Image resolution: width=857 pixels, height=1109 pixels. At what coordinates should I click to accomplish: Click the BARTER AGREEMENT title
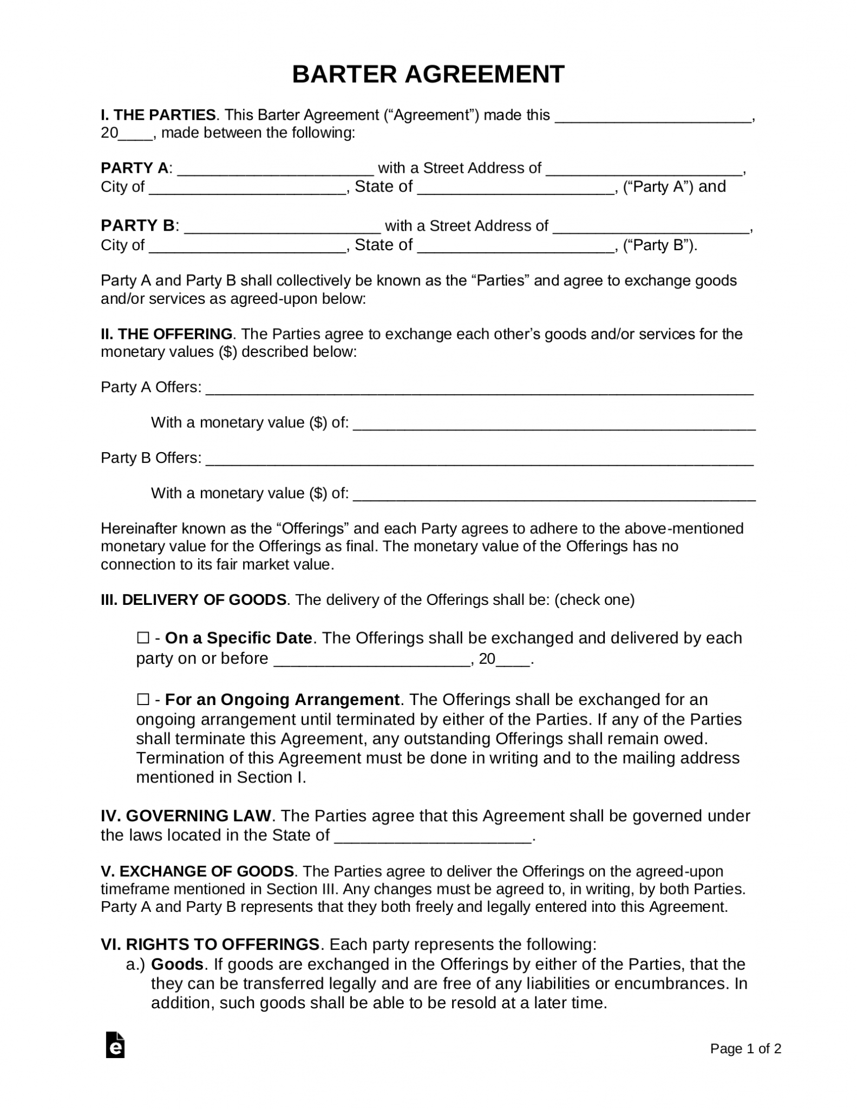[x=428, y=74]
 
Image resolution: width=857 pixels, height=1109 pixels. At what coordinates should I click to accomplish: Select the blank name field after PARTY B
[x=282, y=227]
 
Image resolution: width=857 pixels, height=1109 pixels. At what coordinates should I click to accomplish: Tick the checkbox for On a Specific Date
[x=143, y=638]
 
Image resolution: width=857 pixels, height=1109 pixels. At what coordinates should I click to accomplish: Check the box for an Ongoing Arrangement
[x=143, y=700]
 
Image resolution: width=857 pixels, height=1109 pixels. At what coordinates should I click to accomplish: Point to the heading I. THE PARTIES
[x=158, y=115]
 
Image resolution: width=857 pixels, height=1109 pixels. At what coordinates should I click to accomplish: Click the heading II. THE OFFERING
[x=167, y=334]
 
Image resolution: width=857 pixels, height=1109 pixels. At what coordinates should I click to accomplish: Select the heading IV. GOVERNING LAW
[x=186, y=816]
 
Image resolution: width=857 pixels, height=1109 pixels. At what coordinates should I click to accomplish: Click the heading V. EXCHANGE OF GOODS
[x=198, y=871]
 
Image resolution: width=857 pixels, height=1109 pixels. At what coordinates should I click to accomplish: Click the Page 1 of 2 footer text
[x=745, y=1049]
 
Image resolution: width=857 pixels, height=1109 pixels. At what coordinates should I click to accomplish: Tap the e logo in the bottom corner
[x=115, y=1046]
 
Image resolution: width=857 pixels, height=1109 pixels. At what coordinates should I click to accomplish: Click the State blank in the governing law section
[x=433, y=836]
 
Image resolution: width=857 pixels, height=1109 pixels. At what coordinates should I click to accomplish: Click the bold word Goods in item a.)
[x=177, y=964]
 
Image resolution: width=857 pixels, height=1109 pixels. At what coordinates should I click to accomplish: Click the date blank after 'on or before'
[x=371, y=660]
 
